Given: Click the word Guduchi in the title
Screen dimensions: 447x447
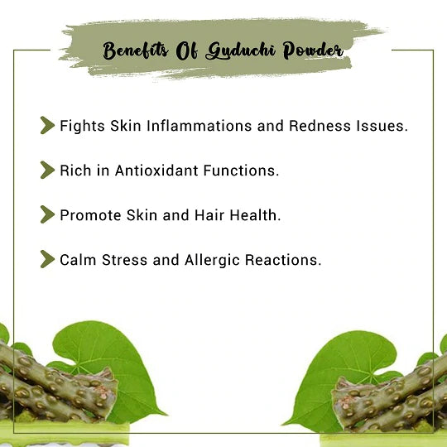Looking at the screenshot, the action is (241, 50).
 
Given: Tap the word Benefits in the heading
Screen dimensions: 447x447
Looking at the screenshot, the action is (136, 50).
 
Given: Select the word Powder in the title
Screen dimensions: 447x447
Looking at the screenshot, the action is (313, 50).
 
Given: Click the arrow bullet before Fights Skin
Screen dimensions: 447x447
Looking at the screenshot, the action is (48, 125).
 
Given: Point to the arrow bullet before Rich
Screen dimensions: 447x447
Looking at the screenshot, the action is (48, 170).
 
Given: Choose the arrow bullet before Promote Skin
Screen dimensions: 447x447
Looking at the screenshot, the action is (48, 214).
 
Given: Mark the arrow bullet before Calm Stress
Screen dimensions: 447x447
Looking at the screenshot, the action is (48, 259).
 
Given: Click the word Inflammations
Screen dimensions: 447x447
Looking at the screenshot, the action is (199, 126).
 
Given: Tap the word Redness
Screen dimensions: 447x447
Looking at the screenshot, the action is (320, 126).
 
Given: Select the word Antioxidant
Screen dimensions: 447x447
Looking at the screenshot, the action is (156, 171).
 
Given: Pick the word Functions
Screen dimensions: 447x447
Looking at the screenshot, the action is (241, 171).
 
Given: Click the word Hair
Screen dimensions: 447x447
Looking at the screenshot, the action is (209, 215).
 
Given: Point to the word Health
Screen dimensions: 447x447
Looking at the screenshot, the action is (256, 215).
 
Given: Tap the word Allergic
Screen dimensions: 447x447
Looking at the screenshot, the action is (212, 260).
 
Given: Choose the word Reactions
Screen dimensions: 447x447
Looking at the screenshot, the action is (283, 260).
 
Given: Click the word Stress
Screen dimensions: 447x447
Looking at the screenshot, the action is (124, 260).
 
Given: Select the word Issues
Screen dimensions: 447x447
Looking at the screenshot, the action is (382, 126).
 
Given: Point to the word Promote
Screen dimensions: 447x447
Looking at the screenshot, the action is (90, 215).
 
